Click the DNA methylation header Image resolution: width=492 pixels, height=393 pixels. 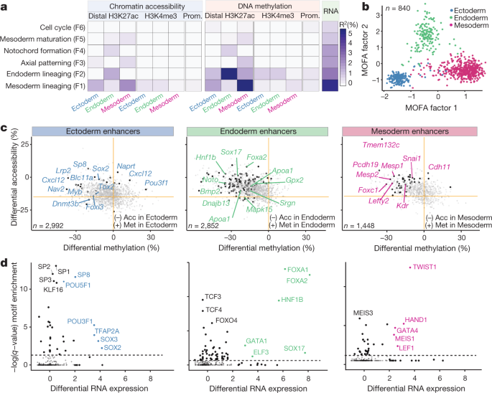(262, 6)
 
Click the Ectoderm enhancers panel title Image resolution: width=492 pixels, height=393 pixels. (106, 133)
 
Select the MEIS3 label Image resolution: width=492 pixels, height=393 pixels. (364, 313)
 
